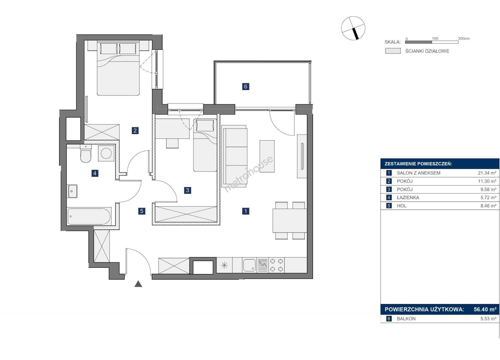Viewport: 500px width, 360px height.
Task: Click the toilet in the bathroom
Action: pyautogui.click(x=86, y=154)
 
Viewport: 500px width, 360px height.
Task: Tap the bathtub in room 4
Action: pyautogui.click(x=89, y=216)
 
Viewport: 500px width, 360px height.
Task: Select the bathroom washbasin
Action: pyautogui.click(x=73, y=191)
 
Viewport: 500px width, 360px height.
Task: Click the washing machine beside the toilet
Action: pyautogui.click(x=106, y=153)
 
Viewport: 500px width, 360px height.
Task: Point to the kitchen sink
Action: pyautogui.click(x=249, y=265)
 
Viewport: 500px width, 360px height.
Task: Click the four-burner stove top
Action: pyautogui.click(x=277, y=265)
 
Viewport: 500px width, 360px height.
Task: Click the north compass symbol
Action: pyautogui.click(x=353, y=28)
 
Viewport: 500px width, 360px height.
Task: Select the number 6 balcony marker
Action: pyautogui.click(x=246, y=86)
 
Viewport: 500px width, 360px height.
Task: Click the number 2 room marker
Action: pyautogui.click(x=135, y=130)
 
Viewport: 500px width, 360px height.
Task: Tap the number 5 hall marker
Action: pyautogui.click(x=142, y=211)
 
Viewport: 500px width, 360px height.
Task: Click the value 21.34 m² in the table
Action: pyautogui.click(x=487, y=173)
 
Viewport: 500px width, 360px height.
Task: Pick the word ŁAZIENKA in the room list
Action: pyautogui.click(x=408, y=198)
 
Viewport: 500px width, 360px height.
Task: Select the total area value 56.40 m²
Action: pyautogui.click(x=485, y=309)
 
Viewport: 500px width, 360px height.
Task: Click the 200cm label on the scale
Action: pyautogui.click(x=464, y=38)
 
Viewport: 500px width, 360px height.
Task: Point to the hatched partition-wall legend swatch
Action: pyautogui.click(x=393, y=51)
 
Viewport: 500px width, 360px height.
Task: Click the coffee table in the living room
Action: pyautogui.click(x=267, y=156)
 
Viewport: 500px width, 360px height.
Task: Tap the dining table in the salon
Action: pyautogui.click(x=290, y=221)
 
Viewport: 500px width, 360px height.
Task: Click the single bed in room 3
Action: pyautogui.click(x=205, y=145)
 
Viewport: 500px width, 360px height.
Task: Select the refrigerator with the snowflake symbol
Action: pyautogui.click(x=224, y=265)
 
